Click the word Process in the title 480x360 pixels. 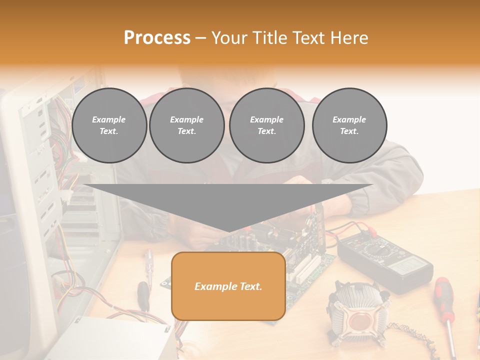tap(157, 38)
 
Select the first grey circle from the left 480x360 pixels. tap(109, 125)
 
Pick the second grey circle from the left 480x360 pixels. tap(186, 125)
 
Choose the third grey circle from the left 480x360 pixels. tap(266, 125)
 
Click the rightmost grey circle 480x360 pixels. tap(349, 125)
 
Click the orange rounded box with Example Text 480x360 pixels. tap(228, 286)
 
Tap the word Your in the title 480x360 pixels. tap(229, 38)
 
